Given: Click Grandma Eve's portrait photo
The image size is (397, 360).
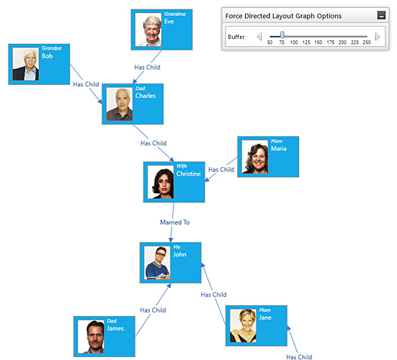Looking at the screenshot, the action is coord(148,30).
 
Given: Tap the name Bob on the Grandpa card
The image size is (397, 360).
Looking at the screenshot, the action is coord(47,56).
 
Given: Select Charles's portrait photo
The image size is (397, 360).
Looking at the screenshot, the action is coord(120,104).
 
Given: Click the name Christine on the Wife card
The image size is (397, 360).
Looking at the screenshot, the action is coord(189,174).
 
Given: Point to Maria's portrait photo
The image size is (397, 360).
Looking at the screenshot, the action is coord(255,156).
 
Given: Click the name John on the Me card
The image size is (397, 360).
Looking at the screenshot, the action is coord(179,254).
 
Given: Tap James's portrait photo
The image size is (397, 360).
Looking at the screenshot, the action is coord(91,336).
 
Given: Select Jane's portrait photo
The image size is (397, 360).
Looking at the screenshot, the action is coord(243,325).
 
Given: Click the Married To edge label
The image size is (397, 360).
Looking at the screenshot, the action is coord(174,222).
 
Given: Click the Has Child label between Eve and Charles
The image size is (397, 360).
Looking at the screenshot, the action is coord(148,67).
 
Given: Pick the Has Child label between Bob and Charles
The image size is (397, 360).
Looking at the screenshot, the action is coord(86,84).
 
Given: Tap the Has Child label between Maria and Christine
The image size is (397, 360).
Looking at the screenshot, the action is coord(221,169).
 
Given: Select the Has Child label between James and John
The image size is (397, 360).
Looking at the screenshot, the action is coord(153,310).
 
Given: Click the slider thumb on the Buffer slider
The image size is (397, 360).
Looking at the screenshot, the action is coord(282,35).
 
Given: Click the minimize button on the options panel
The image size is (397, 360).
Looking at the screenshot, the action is coord(382,15).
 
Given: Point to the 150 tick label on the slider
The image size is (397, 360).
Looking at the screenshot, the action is coord(318,42).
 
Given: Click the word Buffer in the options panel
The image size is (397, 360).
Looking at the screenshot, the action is coord(236,37).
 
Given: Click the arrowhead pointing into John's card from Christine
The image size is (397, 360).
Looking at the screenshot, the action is coord(171,240).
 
